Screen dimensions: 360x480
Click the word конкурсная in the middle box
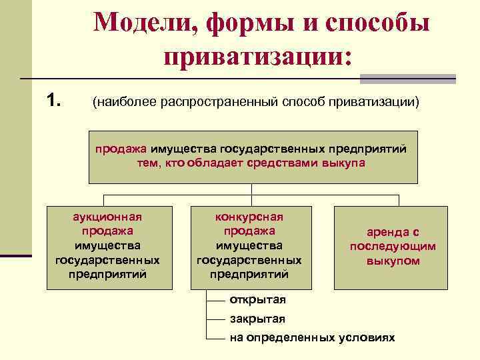tap(249, 217)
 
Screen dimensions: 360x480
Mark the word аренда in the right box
tap(393, 232)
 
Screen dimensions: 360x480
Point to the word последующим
tap(393, 246)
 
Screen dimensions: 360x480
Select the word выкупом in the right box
tap(393, 261)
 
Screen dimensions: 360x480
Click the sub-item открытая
tap(257, 298)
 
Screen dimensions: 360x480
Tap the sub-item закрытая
tap(257, 318)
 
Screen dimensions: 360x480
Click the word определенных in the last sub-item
tap(290, 337)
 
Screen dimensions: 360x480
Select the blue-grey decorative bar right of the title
tap(407, 79)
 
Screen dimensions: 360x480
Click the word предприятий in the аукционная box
tap(107, 274)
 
